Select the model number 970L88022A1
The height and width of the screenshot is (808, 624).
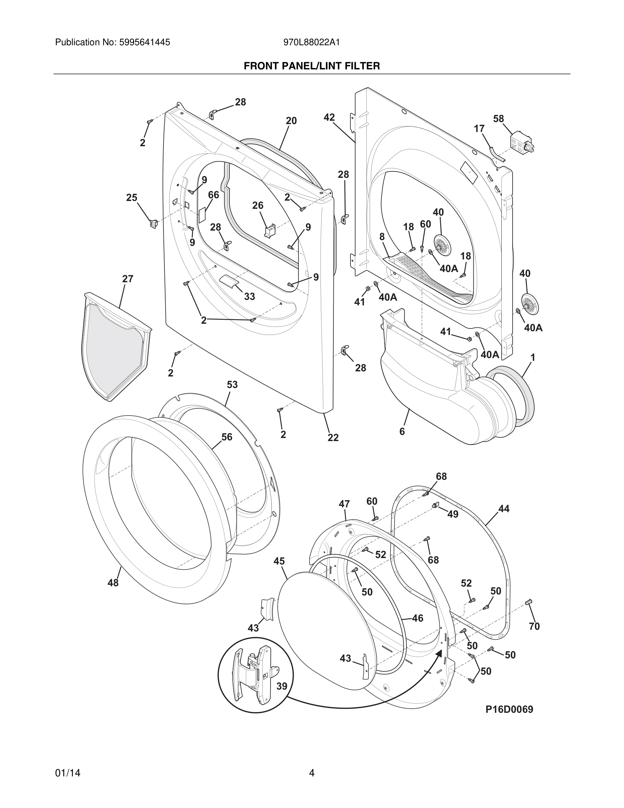(311, 43)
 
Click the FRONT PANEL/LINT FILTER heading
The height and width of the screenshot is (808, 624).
(312, 66)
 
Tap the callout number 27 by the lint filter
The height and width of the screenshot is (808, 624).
(127, 279)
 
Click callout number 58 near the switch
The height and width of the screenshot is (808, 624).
(498, 119)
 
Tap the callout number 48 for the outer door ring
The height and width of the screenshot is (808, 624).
(113, 583)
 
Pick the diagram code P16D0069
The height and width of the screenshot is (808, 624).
(509, 709)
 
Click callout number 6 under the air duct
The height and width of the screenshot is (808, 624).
(402, 432)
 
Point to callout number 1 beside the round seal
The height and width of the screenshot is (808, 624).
(533, 358)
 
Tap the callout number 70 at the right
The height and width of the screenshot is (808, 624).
(534, 626)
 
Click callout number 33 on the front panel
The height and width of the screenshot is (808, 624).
(249, 296)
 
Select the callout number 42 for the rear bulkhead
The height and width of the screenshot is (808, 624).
(329, 117)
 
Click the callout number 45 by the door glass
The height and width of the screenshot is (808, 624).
(279, 561)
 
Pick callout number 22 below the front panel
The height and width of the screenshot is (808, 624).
(333, 438)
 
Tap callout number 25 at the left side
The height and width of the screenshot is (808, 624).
(132, 198)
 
